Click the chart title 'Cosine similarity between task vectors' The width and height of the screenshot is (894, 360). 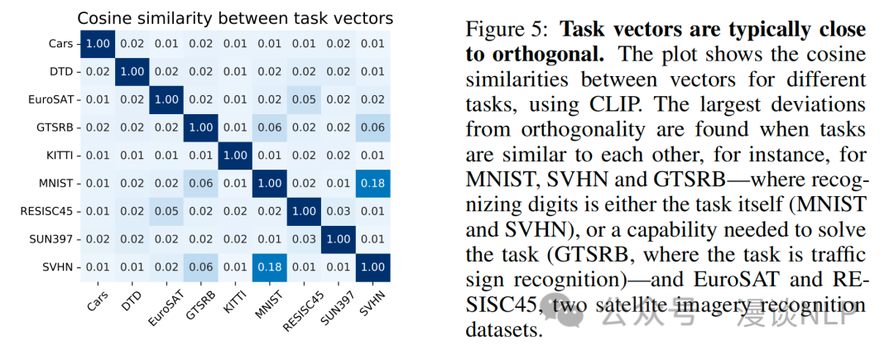pyautogui.click(x=235, y=17)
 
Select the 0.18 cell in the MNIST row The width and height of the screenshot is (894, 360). pyautogui.click(x=373, y=183)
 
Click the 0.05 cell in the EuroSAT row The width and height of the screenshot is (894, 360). pyautogui.click(x=304, y=98)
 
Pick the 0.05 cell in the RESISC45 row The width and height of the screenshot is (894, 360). pyautogui.click(x=165, y=211)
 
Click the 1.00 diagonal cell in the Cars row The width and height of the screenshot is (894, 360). pyautogui.click(x=95, y=42)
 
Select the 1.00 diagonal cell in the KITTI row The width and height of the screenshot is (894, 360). pyautogui.click(x=234, y=155)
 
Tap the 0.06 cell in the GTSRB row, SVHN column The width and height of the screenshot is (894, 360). pyautogui.click(x=373, y=127)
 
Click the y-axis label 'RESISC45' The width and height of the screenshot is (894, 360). pyautogui.click(x=46, y=211)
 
